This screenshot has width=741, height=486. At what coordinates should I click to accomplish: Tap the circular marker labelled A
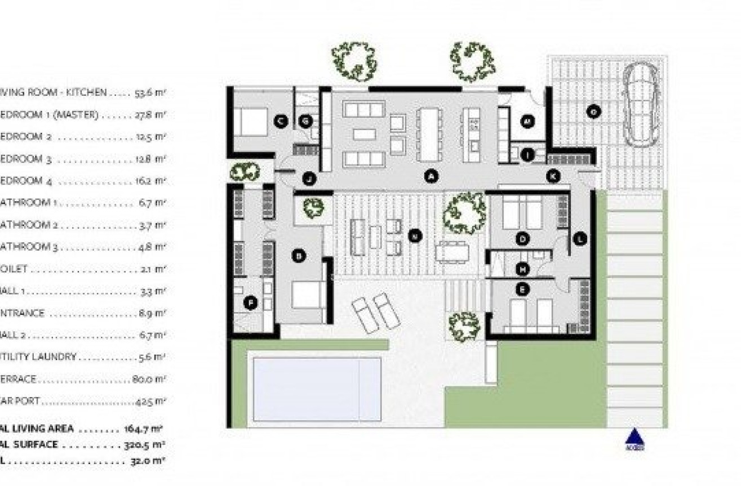431,177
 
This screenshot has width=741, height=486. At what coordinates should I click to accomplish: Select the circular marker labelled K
553,176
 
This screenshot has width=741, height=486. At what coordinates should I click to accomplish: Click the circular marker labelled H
523,270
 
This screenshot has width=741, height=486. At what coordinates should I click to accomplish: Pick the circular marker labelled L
580,239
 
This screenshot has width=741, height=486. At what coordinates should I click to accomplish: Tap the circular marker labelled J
309,179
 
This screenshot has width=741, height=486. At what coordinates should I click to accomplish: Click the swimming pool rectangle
317,389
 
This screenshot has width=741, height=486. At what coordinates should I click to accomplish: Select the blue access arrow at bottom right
634,438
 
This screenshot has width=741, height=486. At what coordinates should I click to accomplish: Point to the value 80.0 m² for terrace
149,379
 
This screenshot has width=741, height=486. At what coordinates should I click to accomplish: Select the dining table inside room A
429,133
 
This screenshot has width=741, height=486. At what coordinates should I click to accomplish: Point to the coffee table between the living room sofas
364,134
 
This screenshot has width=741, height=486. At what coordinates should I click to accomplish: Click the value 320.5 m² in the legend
144,445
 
